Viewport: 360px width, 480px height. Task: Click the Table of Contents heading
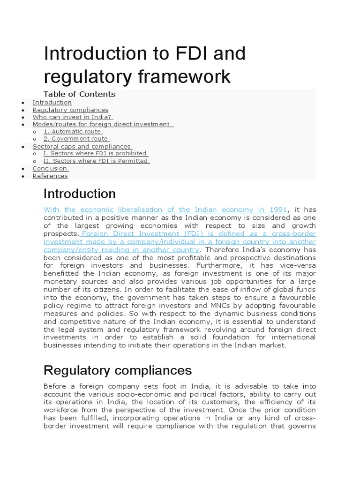(79, 94)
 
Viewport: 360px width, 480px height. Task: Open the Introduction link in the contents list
(52, 102)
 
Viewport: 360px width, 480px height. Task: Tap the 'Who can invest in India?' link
(73, 117)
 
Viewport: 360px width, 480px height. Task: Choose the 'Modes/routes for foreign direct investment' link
(103, 124)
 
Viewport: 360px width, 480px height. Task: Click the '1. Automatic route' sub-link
(73, 132)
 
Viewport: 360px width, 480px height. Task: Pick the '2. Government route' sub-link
(76, 139)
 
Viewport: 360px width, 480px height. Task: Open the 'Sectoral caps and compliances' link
(82, 146)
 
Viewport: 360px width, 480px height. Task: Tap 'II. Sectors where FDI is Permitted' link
(96, 161)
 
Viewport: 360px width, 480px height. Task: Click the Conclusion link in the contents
(50, 168)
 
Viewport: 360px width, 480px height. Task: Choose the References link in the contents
(50, 176)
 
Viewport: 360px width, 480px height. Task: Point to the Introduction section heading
(80, 194)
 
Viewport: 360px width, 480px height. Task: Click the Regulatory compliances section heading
(118, 370)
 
